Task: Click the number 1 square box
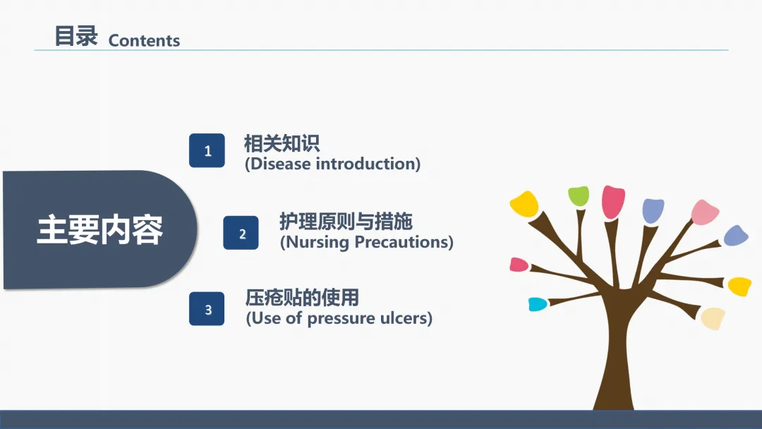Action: pyautogui.click(x=207, y=150)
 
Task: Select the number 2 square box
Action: pyautogui.click(x=241, y=233)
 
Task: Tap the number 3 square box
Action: pyautogui.click(x=207, y=309)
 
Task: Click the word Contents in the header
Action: pyautogui.click(x=144, y=40)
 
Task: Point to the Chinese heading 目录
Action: pyautogui.click(x=76, y=37)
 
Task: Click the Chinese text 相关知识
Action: pyautogui.click(x=282, y=143)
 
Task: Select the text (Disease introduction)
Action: pyautogui.click(x=332, y=164)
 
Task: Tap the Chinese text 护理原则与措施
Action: pyautogui.click(x=346, y=222)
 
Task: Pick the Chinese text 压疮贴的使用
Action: pyautogui.click(x=302, y=298)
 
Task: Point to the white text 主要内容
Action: pyautogui.click(x=100, y=230)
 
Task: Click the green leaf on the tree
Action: pyautogui.click(x=579, y=195)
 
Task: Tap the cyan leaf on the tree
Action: pyautogui.click(x=538, y=304)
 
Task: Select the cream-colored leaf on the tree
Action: pyautogui.click(x=713, y=318)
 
